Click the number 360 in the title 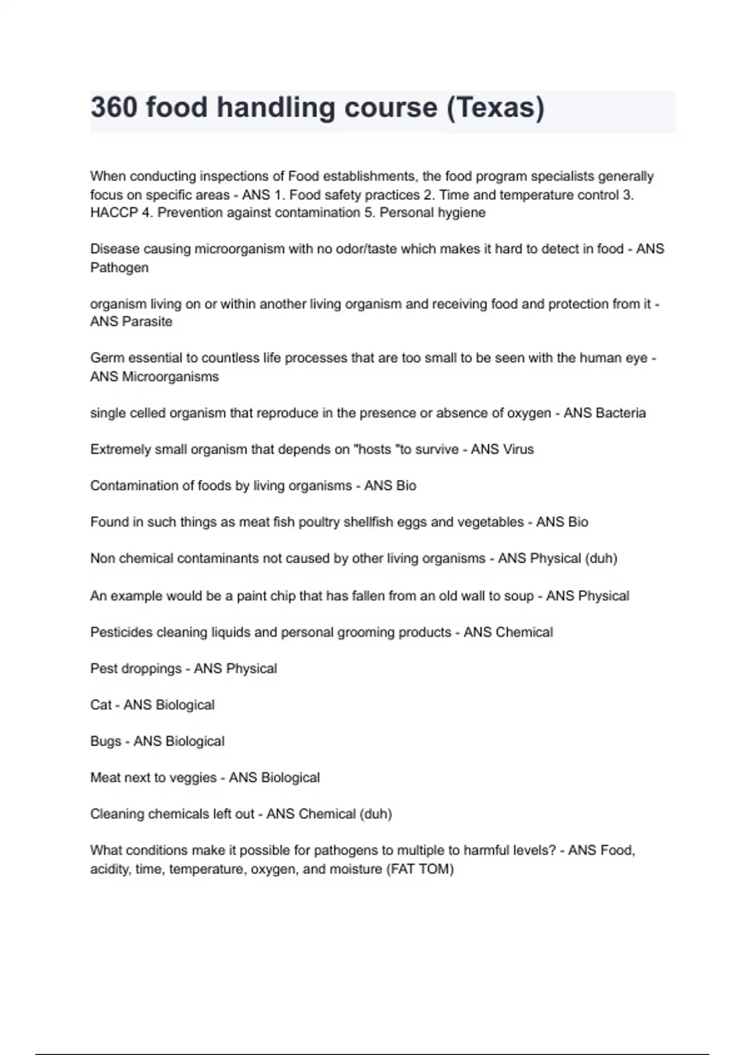114,108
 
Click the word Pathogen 119,267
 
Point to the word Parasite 147,321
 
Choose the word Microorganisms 170,377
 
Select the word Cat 101,705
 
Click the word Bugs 106,742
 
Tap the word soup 518,596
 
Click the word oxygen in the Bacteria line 530,413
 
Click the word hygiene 462,213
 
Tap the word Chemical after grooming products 523,632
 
